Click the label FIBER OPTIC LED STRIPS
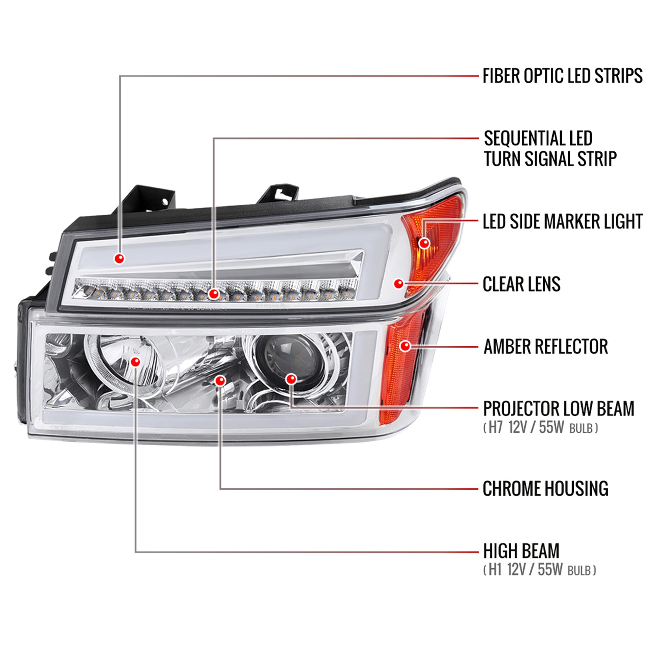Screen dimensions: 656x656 [x=562, y=76]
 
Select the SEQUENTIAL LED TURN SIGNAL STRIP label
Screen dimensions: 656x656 [x=549, y=149]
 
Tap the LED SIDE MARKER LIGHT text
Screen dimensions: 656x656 [x=562, y=222]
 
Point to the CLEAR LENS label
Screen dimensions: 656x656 [x=521, y=284]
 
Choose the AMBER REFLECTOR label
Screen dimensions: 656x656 [x=545, y=347]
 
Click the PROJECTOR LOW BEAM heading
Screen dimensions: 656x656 [x=558, y=409]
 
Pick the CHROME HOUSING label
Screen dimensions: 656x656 [x=545, y=489]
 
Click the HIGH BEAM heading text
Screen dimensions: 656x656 [x=521, y=551]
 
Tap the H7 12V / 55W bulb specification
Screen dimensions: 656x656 [x=541, y=427]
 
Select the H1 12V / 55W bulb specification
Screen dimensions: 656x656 [x=540, y=570]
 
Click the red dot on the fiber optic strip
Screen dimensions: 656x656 [x=119, y=258]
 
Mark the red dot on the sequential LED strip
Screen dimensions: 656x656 [x=213, y=294]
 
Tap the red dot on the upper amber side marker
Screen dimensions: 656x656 [x=424, y=243]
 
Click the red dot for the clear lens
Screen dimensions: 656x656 [x=398, y=284]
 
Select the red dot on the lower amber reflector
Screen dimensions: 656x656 [x=405, y=346]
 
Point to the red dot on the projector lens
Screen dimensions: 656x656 [x=291, y=379]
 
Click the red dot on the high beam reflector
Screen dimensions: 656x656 [x=136, y=362]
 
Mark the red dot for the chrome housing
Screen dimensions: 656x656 [x=220, y=380]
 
